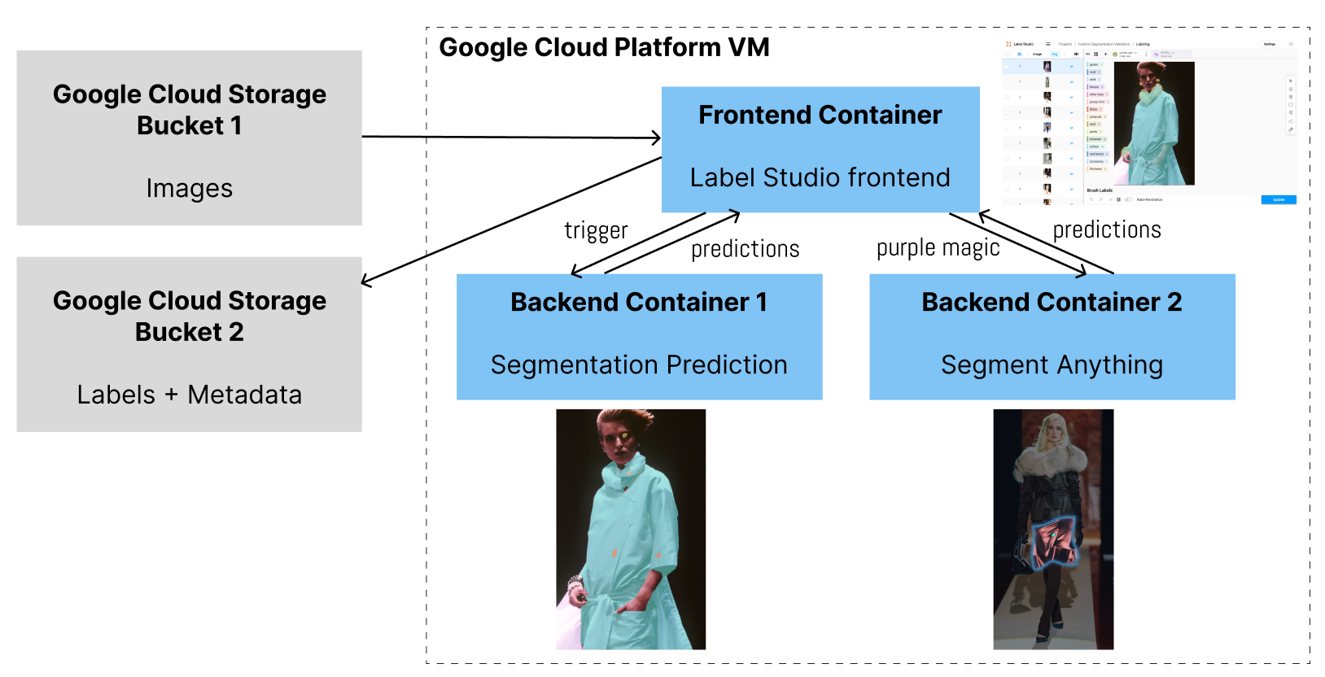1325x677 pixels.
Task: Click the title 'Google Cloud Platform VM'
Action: coord(604,47)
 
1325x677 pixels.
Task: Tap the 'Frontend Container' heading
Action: coord(820,115)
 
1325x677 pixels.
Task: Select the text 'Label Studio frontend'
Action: coord(820,177)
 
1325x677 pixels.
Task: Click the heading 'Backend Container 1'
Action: coord(639,302)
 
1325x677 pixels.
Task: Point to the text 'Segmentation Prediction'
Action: coord(639,365)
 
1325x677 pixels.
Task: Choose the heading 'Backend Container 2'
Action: coord(1052,302)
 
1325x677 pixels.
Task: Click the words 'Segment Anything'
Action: coord(1052,365)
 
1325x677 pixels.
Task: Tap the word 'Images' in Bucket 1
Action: coord(189,188)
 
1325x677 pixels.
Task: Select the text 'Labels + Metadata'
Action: coord(189,395)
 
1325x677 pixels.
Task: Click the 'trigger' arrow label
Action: coord(596,231)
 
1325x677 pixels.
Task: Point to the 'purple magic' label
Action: coord(938,247)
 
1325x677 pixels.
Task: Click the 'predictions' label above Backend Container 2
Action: coord(1107,230)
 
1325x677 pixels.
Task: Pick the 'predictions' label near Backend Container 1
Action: coord(745,249)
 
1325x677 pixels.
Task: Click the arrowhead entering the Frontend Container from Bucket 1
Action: coord(656,138)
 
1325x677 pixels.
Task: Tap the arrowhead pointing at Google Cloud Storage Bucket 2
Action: coord(366,282)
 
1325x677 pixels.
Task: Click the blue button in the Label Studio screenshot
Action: coord(1278,199)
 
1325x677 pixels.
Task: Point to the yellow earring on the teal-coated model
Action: coord(623,435)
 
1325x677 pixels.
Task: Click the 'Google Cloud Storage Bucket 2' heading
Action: coord(189,317)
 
